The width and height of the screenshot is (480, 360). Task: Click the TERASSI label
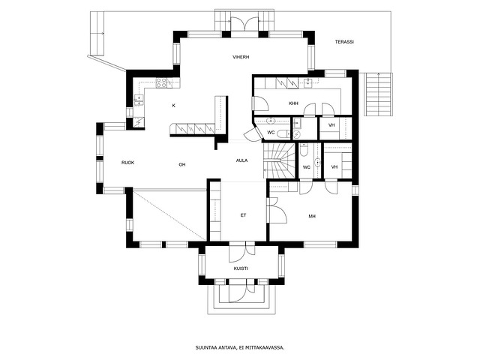(x=344, y=42)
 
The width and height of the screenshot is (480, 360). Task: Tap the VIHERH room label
(x=241, y=57)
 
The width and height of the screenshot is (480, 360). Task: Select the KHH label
(x=293, y=103)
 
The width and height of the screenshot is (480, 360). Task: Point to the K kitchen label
(x=173, y=106)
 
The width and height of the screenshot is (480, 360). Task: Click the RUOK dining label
(x=127, y=163)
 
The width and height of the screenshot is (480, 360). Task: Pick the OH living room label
(x=182, y=165)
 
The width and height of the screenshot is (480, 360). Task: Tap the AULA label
(x=241, y=160)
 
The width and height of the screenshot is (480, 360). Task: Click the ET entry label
(x=243, y=215)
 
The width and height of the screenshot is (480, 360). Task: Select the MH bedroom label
(x=312, y=217)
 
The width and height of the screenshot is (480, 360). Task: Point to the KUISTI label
(x=241, y=268)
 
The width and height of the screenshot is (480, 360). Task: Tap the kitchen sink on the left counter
(x=139, y=100)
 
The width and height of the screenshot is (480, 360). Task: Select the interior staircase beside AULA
(x=278, y=160)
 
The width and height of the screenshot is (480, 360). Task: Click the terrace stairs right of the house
(x=378, y=94)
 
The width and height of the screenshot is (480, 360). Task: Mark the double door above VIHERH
(x=244, y=23)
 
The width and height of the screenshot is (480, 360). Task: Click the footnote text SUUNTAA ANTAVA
(x=216, y=348)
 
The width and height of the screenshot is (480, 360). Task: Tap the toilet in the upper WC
(x=283, y=133)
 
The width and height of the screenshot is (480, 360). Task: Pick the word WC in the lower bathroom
(x=307, y=167)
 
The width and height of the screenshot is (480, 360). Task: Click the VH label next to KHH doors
(x=331, y=125)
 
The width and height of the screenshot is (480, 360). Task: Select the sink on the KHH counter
(x=307, y=82)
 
